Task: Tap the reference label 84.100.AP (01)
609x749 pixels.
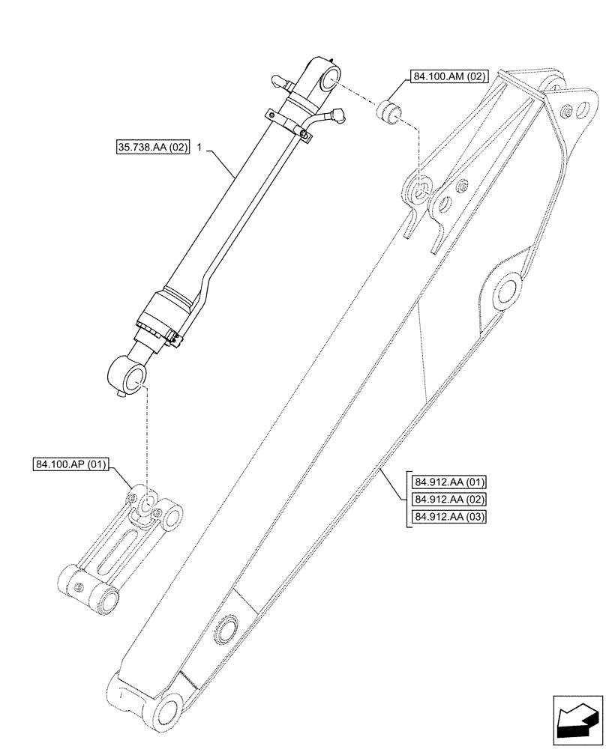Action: click(70, 465)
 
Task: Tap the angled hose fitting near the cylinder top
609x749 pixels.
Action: click(335, 115)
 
